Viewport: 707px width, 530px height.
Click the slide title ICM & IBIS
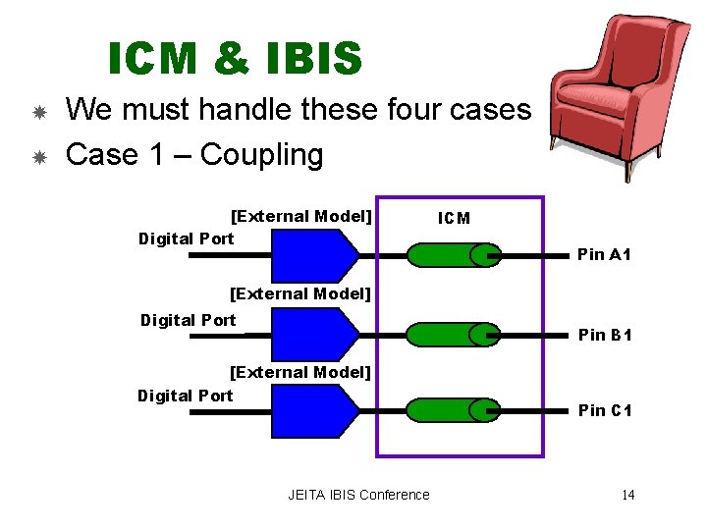[235, 59]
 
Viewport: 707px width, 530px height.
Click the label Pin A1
[604, 255]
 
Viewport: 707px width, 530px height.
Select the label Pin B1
[604, 335]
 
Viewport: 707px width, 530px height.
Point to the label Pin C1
[604, 410]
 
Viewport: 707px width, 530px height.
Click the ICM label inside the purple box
[454, 218]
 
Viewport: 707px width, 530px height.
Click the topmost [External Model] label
[300, 216]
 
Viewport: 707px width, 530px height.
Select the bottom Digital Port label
[186, 396]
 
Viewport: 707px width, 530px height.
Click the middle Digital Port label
[189, 320]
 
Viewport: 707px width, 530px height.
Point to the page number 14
[627, 495]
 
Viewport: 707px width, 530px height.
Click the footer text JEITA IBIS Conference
[358, 495]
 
